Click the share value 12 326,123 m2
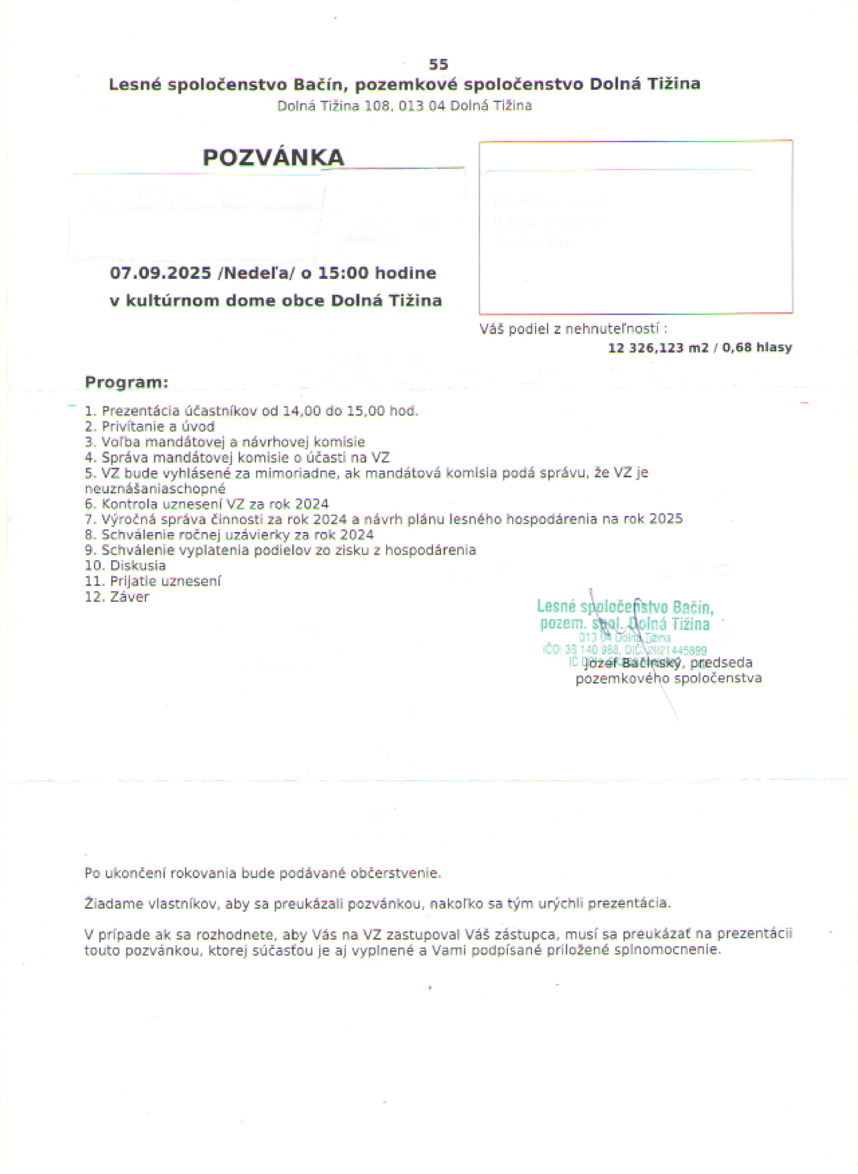pos(658,348)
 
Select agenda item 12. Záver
pos(117,597)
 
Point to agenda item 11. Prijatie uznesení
pos(153,581)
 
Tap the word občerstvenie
pos(395,873)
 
